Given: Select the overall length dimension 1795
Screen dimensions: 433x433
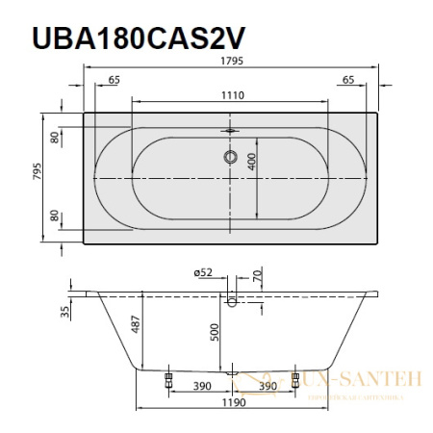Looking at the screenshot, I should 231,60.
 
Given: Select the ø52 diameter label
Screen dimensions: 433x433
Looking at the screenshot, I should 203,274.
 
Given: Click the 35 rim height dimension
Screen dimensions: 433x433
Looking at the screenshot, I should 64,309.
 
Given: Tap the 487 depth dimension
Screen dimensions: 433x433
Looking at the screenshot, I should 137,331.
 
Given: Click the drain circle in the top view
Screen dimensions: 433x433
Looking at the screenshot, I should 231,156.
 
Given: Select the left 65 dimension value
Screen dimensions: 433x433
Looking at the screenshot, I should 114,80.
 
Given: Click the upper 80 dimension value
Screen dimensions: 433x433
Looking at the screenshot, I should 56,138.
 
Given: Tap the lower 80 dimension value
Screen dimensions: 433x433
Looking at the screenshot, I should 56,216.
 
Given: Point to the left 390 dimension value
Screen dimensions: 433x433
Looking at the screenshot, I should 200,386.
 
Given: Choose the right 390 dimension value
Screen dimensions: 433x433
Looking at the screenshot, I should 267,386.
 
